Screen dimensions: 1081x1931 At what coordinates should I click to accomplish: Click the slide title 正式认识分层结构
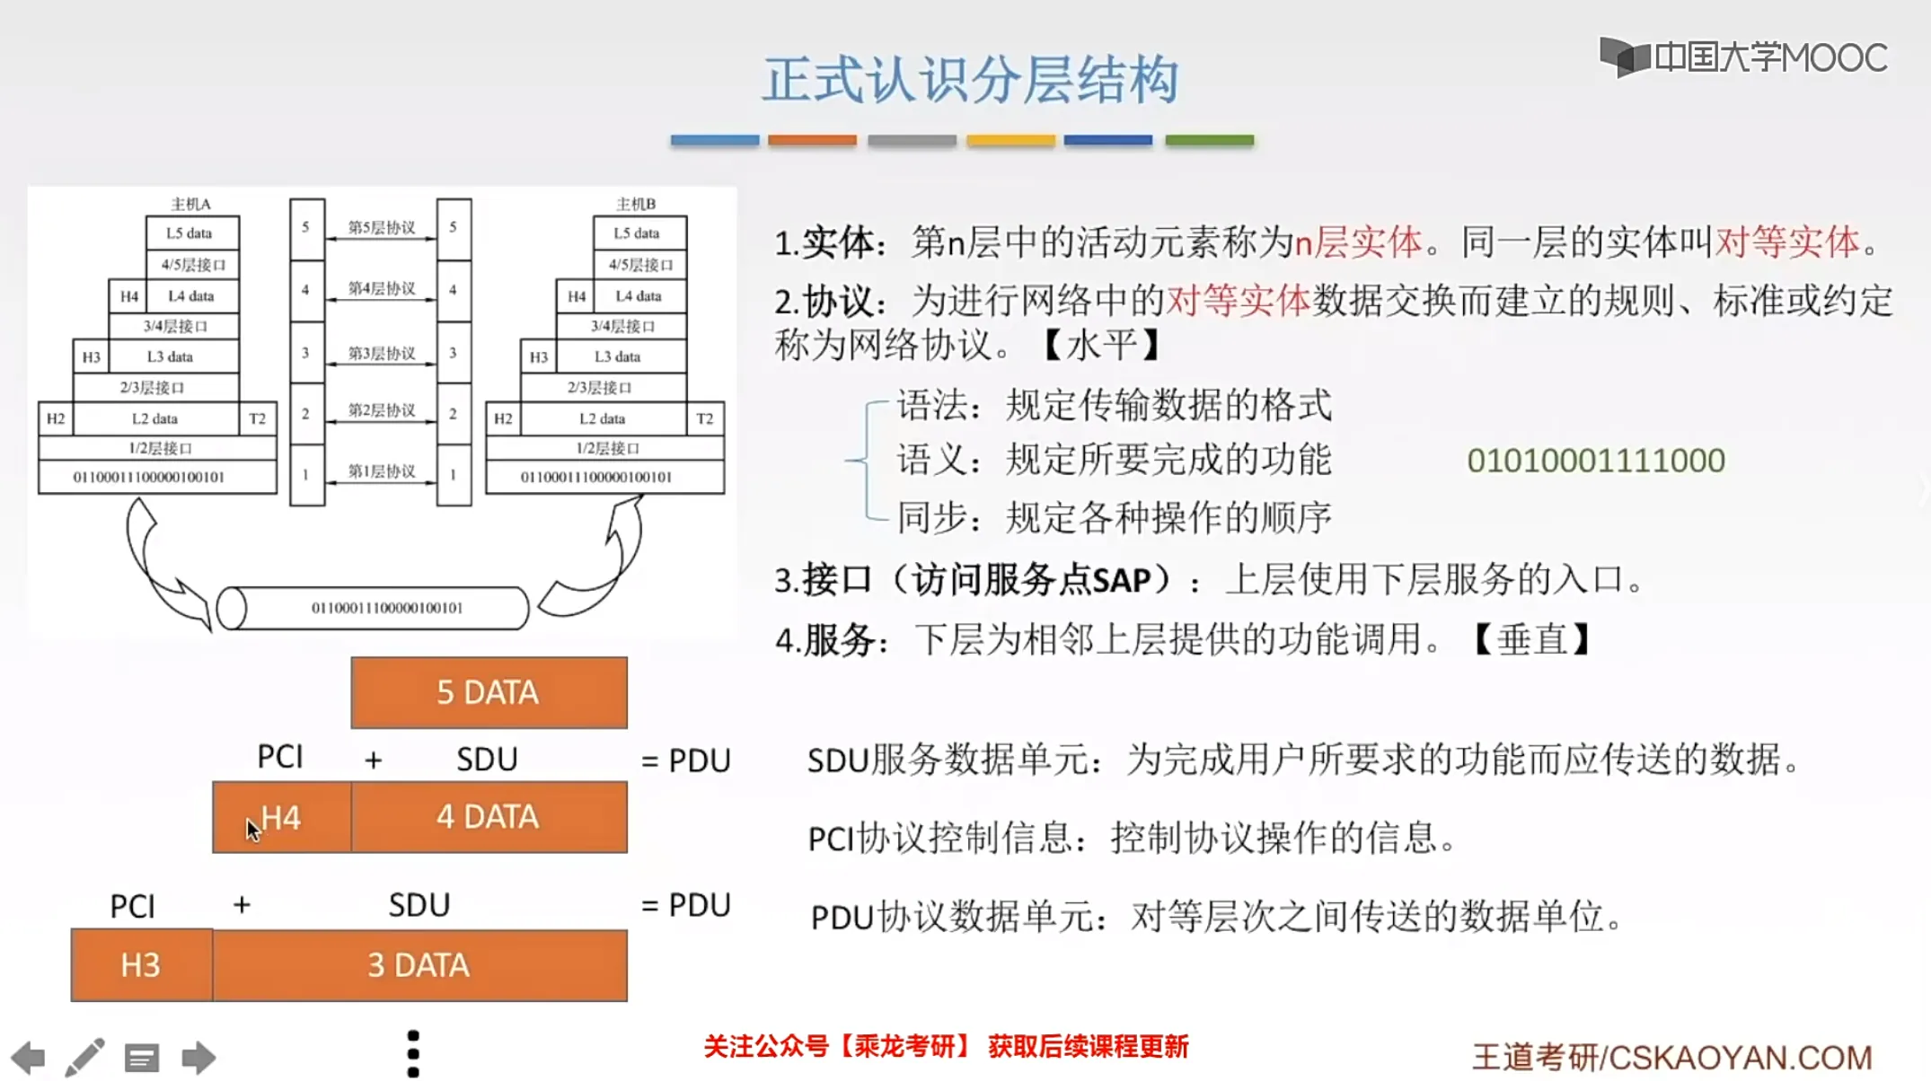(x=970, y=80)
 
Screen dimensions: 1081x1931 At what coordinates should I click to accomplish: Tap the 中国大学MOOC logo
(x=1742, y=57)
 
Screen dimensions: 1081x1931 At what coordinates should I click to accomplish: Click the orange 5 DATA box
(x=489, y=692)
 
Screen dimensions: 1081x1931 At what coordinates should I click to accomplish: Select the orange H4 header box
(x=282, y=817)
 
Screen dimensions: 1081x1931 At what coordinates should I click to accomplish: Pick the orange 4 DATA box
(x=489, y=817)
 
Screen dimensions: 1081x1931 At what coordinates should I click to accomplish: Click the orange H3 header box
(x=141, y=965)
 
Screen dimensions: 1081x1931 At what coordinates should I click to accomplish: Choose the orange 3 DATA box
(x=419, y=965)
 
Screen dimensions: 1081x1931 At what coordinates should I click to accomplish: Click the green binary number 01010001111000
(x=1596, y=461)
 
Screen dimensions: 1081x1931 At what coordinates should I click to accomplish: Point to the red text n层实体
(x=1358, y=242)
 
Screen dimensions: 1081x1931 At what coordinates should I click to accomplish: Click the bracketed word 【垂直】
(x=1532, y=640)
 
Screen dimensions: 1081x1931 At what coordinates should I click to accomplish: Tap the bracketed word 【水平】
(x=1102, y=345)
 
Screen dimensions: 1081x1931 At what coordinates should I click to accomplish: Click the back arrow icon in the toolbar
(x=29, y=1058)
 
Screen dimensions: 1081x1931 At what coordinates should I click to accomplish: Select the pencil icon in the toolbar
(x=85, y=1058)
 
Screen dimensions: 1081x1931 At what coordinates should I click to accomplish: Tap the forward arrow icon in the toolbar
(x=198, y=1058)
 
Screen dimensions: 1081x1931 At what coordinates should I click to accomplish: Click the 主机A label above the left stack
(x=190, y=204)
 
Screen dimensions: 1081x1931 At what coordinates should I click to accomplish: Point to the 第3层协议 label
(x=382, y=353)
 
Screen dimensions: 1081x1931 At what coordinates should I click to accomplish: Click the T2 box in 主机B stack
(x=705, y=418)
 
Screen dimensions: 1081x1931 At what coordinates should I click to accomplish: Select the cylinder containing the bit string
(x=373, y=608)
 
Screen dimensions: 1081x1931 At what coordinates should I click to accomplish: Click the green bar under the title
(x=1209, y=140)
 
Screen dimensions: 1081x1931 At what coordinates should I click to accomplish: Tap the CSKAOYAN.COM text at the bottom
(x=1740, y=1058)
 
